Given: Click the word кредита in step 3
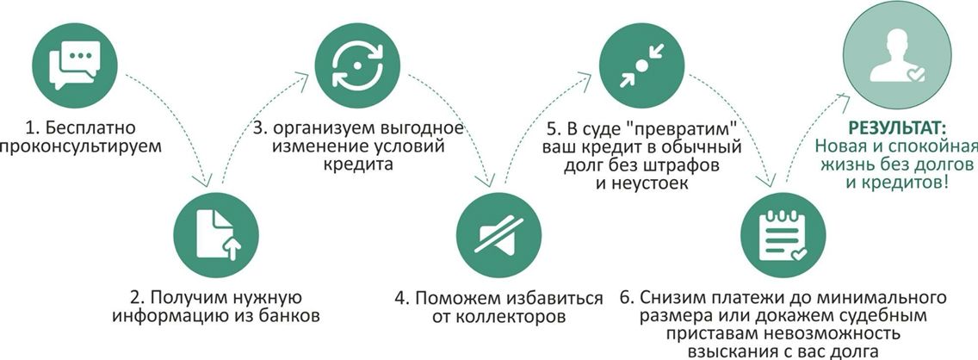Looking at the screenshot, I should pos(360,164).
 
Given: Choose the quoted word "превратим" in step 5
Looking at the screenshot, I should pos(684,128).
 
